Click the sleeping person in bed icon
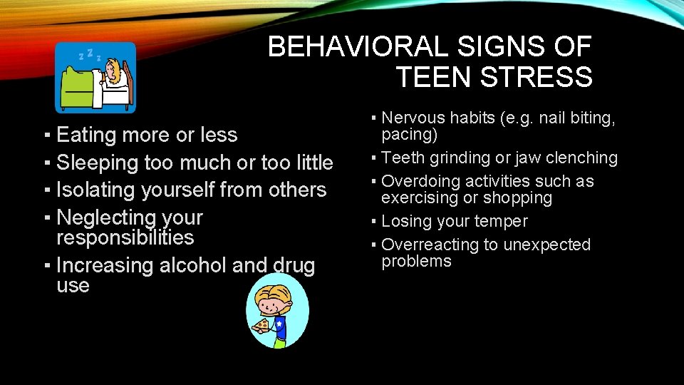coord(96,78)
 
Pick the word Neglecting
coord(105,217)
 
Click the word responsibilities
coord(125,237)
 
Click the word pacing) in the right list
coord(410,135)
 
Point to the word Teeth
coord(403,158)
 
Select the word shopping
coord(519,197)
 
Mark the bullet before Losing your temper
coord(374,222)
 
